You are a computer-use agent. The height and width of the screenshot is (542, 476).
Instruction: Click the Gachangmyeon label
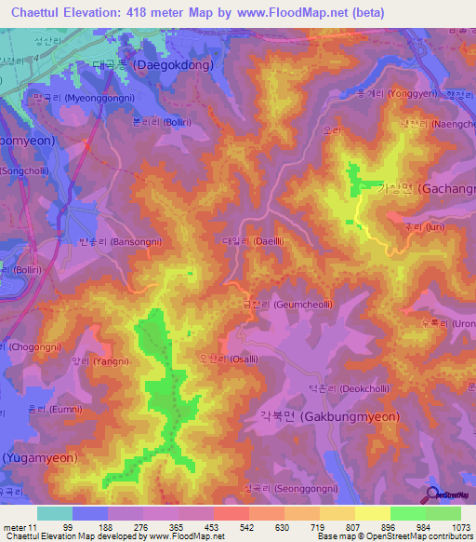pos(427,188)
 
